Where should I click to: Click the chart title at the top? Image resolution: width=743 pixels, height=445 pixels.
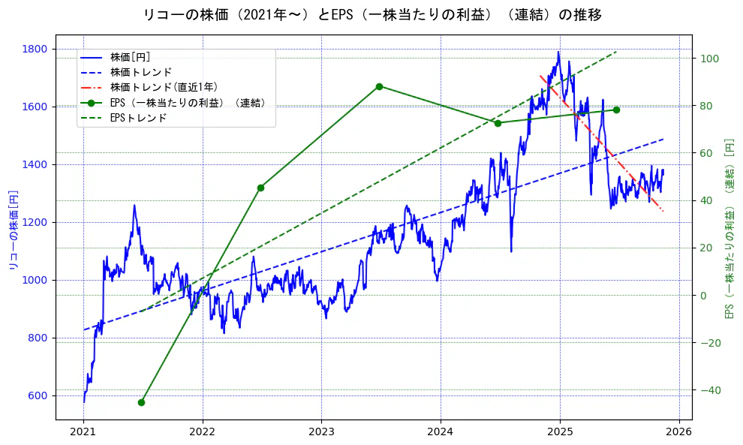coord(372,14)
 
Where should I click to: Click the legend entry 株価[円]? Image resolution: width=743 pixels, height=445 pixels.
coord(130,57)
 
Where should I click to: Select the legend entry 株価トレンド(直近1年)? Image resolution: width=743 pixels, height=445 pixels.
coord(164,87)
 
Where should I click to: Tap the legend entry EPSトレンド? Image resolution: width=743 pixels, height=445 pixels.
coord(138,118)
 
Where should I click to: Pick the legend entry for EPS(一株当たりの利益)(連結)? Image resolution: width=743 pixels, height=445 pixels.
coord(187,103)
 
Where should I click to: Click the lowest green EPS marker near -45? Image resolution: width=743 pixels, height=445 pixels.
coord(141,402)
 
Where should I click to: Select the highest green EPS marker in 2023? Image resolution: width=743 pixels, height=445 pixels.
coord(379,86)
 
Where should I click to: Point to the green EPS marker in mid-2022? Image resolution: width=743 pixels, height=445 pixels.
coord(260,188)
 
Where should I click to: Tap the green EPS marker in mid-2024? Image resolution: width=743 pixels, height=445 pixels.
coord(498,123)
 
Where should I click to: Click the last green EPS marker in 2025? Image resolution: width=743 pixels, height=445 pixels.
coord(616,110)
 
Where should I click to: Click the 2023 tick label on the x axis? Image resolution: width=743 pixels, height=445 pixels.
coord(321,432)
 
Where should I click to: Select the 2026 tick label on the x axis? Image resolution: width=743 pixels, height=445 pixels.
coord(679,432)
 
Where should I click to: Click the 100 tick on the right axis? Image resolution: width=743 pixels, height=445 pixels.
coord(709,59)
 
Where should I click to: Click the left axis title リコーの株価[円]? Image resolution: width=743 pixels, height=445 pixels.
coord(13,230)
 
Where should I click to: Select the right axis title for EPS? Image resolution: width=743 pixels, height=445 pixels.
coord(729,228)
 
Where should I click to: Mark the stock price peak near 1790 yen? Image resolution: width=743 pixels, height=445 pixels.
coord(558,53)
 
